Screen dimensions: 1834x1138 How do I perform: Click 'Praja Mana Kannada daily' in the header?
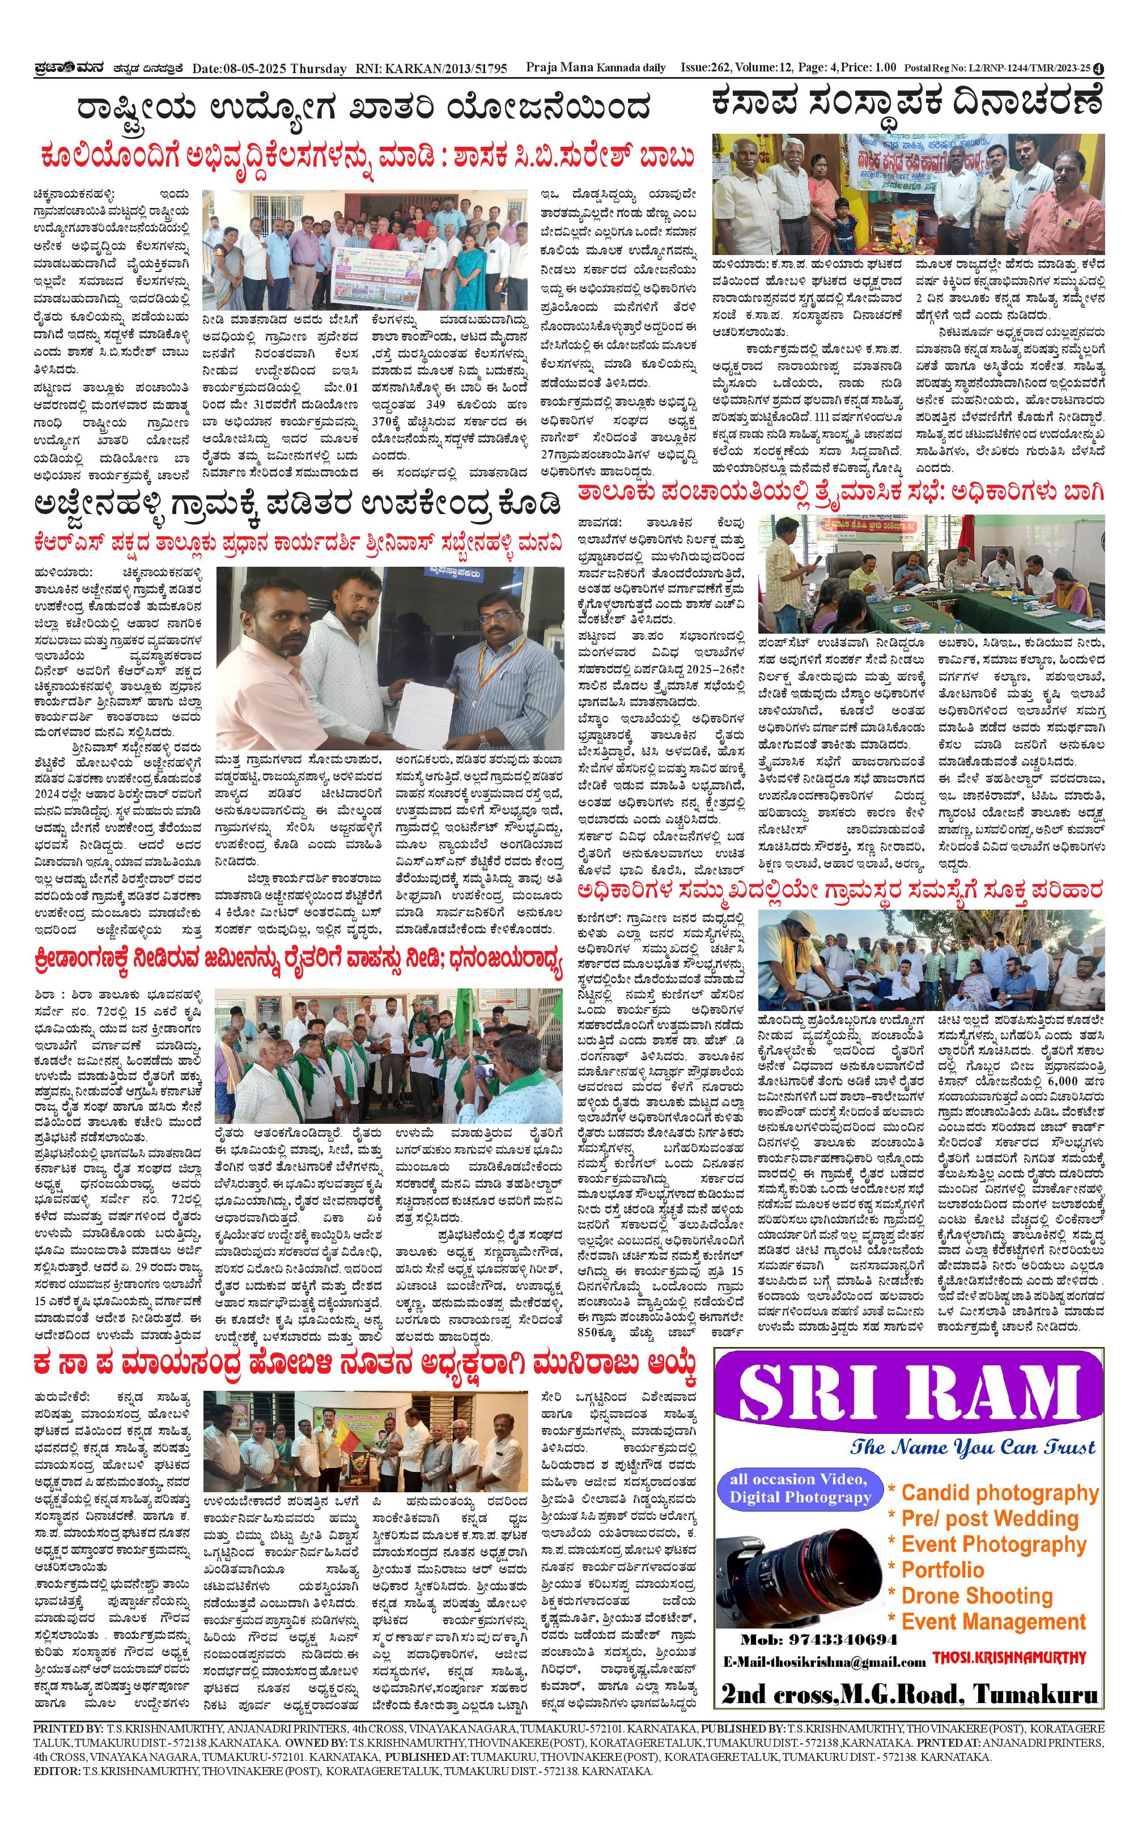(x=595, y=68)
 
